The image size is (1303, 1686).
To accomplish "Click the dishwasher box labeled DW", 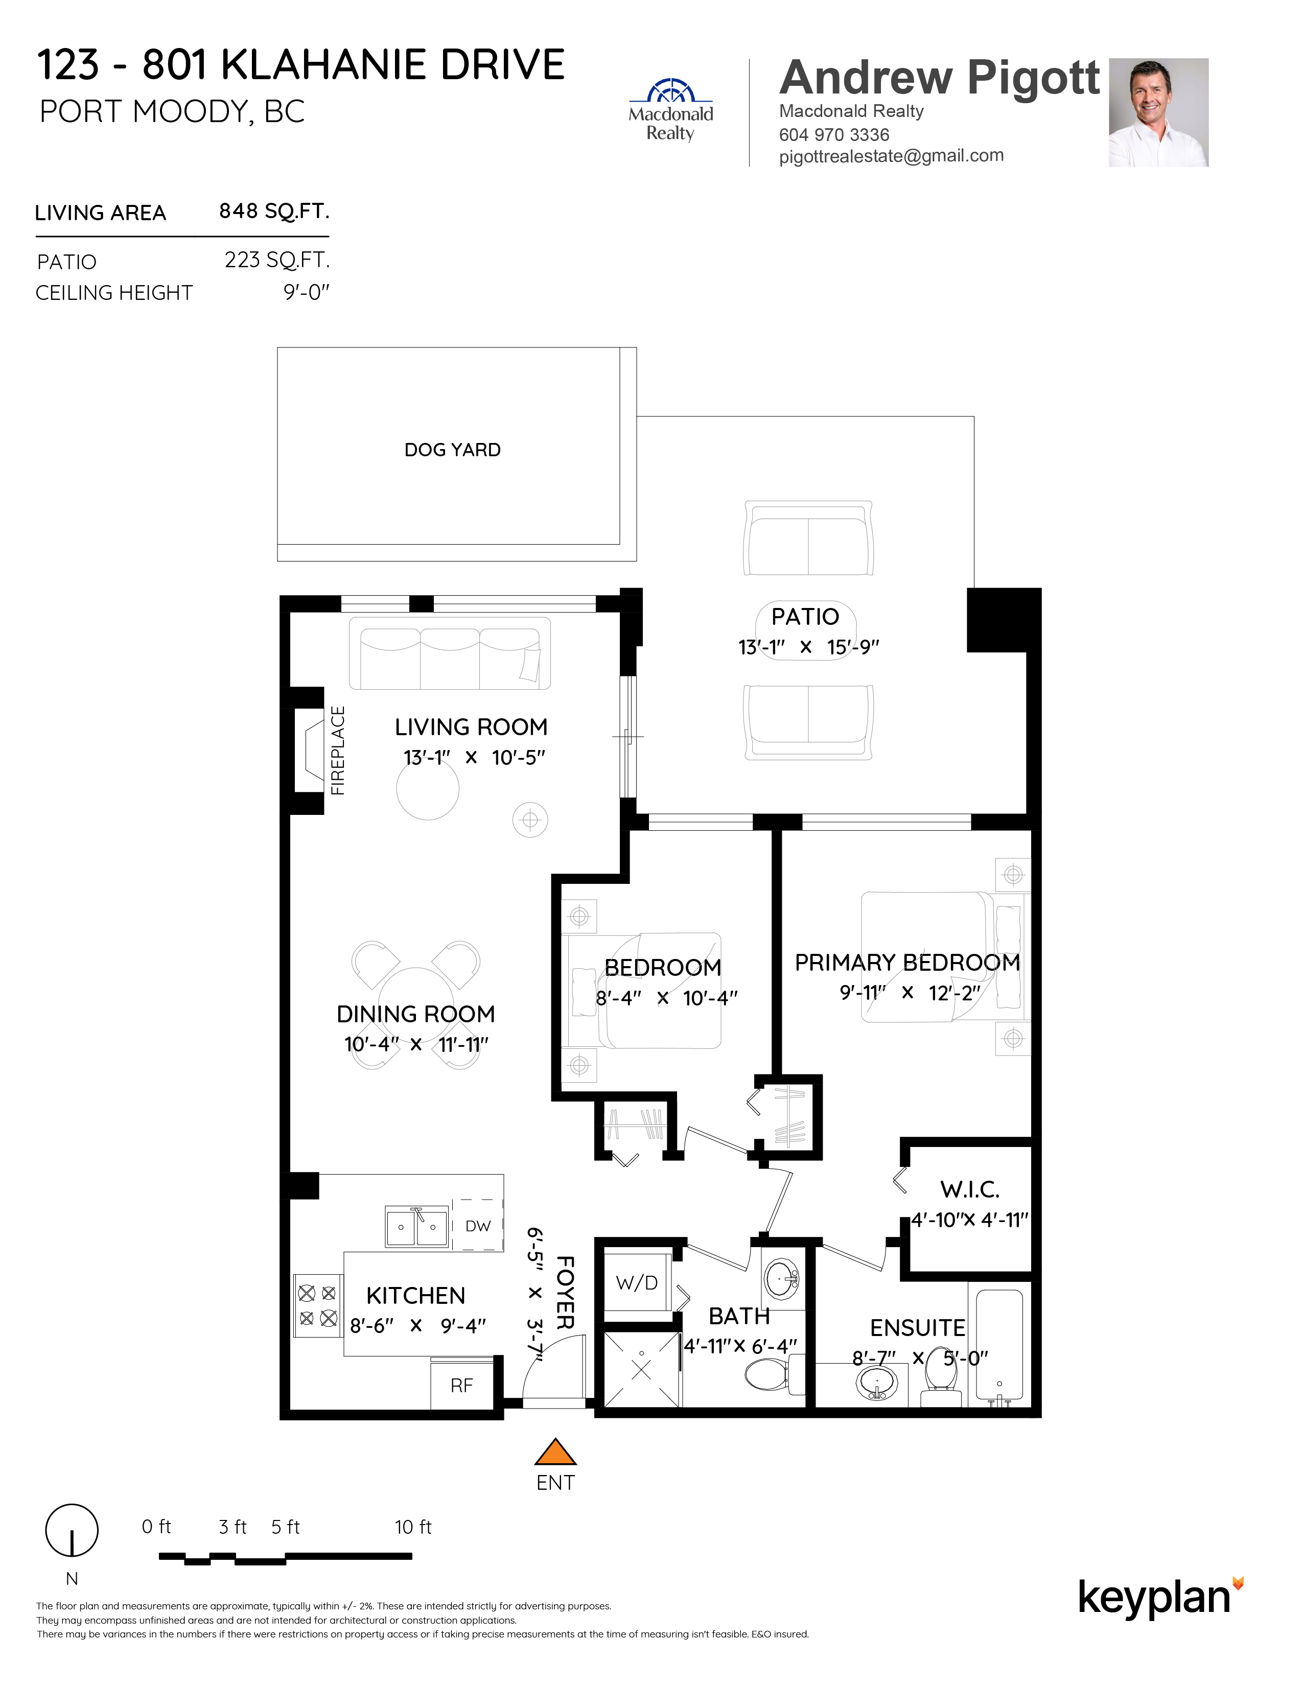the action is [478, 1225].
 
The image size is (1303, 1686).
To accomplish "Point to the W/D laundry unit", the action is [637, 1283].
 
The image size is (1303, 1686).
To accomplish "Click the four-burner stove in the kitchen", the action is [318, 1305].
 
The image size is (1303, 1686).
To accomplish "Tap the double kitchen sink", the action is [417, 1226].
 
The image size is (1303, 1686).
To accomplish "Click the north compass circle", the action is [72, 1531].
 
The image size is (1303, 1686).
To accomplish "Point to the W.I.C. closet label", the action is [969, 1189].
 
